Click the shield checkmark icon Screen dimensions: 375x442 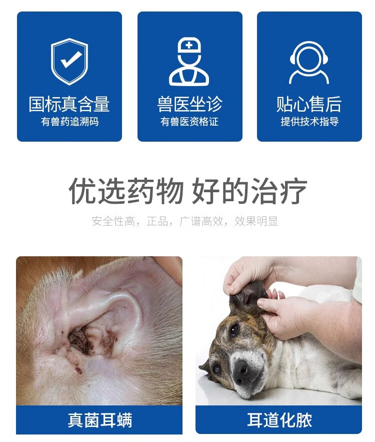(x=69, y=62)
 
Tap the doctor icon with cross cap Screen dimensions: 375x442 (x=189, y=62)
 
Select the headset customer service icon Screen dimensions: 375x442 (x=309, y=63)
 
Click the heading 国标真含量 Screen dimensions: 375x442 (x=69, y=104)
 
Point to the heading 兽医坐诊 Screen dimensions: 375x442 (x=190, y=104)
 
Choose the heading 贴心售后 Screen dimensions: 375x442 (x=309, y=104)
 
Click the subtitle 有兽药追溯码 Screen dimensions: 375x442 (x=69, y=122)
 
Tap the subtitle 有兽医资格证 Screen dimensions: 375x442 (x=189, y=122)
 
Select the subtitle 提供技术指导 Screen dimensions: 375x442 (x=309, y=122)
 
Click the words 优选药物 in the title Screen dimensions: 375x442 (x=126, y=191)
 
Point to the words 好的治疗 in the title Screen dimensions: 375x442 (x=249, y=191)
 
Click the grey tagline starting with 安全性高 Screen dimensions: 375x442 (x=185, y=221)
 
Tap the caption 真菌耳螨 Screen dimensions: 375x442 (x=99, y=420)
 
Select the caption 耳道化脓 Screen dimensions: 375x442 (x=279, y=420)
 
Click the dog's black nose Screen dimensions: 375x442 (x=241, y=369)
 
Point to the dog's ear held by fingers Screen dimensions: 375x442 (x=247, y=295)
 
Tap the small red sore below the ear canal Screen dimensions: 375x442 (x=77, y=369)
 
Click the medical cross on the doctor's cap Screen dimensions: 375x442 (x=189, y=45)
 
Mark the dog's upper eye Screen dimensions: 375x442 (x=233, y=329)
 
